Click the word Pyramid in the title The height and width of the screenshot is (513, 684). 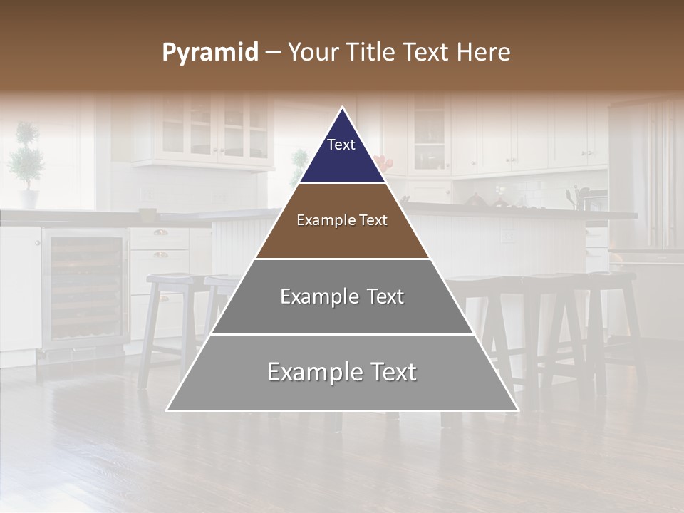point(210,53)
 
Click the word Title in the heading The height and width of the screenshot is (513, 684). point(376,53)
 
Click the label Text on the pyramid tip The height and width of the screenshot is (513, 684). point(341,145)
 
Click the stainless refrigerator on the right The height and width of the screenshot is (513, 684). point(645,178)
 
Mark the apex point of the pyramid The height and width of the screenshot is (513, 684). point(343,108)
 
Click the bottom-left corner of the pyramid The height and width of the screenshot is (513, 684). point(167,410)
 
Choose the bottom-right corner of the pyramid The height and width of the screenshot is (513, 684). point(518,410)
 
